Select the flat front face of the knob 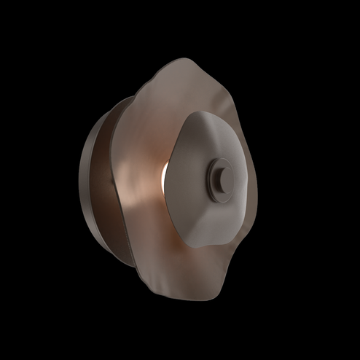(222, 176)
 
